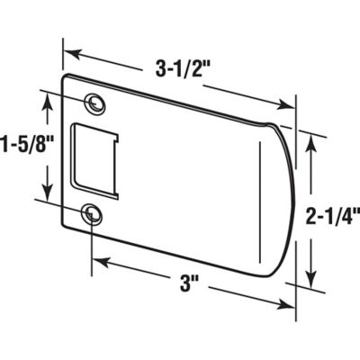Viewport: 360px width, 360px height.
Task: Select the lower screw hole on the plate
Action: tap(91, 212)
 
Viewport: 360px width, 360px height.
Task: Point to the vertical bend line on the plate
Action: tap(258, 207)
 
